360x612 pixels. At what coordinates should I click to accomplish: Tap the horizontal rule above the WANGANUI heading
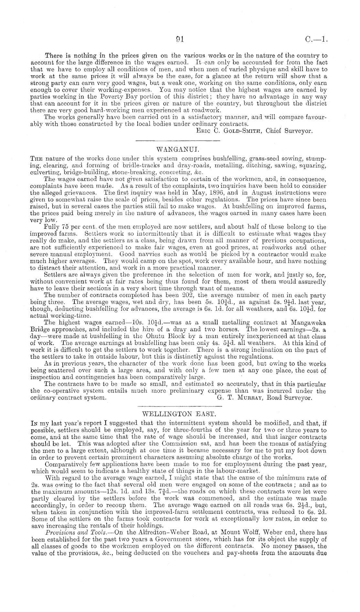click(x=177, y=141)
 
